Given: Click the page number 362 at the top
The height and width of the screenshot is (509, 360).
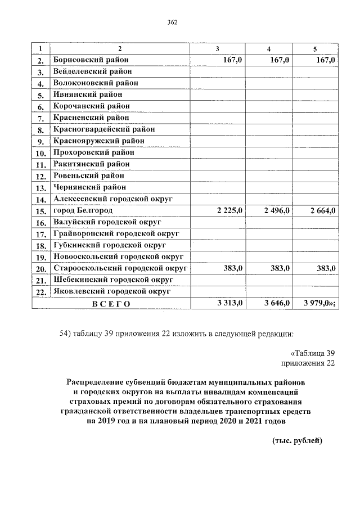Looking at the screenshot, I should point(173,22).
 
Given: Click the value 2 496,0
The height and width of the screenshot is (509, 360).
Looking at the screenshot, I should point(276,210).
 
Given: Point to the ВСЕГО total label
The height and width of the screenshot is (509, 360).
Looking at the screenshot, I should point(111,304).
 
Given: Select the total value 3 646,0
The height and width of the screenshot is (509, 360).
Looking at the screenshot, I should point(276,303).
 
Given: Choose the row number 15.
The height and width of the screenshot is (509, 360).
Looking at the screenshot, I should point(40,211).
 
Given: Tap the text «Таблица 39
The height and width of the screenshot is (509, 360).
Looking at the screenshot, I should point(312,353).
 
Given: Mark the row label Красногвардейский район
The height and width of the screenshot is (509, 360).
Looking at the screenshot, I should point(104,129).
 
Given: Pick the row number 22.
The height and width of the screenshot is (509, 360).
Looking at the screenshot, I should point(40,292).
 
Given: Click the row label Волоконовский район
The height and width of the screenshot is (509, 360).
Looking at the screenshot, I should point(96,83).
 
